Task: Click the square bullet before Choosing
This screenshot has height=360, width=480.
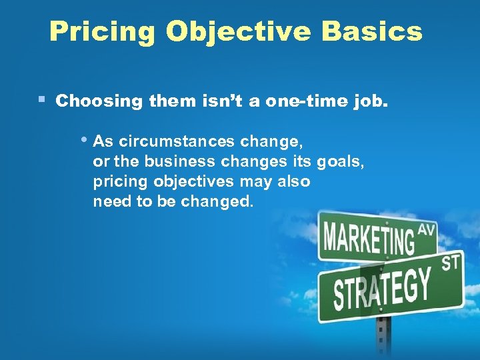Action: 41,100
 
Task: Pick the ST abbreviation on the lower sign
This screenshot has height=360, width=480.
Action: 451,263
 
